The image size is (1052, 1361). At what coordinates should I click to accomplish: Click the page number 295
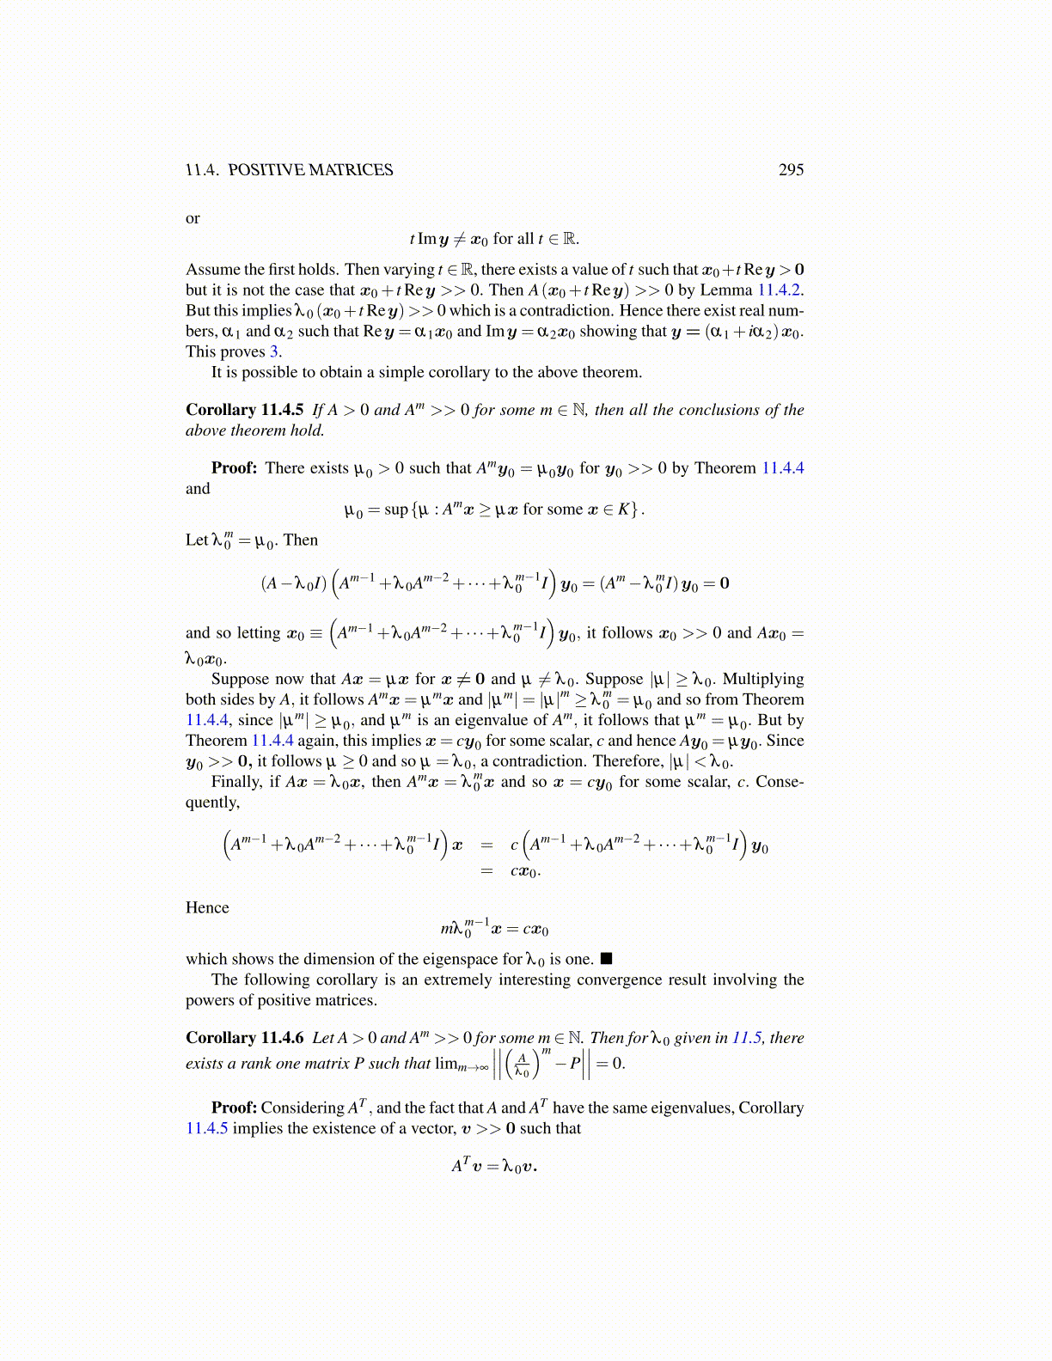[791, 169]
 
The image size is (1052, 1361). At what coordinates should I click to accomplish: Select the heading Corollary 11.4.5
[244, 410]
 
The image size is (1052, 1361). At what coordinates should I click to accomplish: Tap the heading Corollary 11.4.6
[244, 1037]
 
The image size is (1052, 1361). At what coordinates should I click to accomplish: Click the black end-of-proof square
[606, 959]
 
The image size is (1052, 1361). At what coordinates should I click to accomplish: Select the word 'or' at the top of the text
[193, 218]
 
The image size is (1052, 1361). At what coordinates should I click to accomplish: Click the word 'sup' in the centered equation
[396, 510]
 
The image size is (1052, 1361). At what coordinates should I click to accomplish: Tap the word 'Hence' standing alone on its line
[207, 907]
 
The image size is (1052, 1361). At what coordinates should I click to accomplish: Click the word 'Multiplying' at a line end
[763, 679]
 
